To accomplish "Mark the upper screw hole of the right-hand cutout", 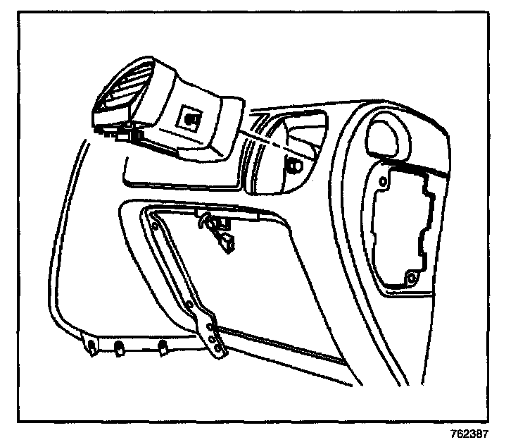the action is [x=383, y=182].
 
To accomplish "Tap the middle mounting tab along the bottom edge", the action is [x=120, y=346].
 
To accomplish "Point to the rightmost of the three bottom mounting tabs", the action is [x=164, y=346].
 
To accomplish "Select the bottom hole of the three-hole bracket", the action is [x=218, y=347].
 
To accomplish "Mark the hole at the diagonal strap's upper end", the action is [x=153, y=225].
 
